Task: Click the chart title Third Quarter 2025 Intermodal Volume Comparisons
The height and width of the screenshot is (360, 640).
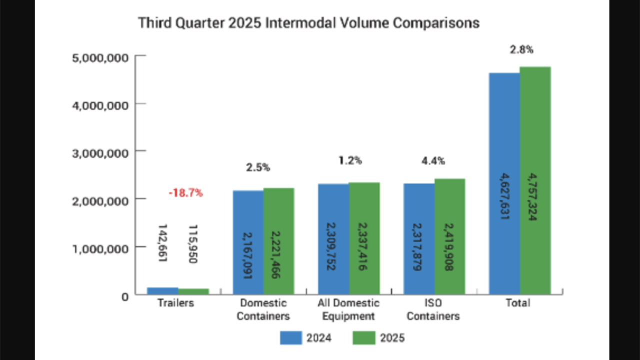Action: click(x=308, y=23)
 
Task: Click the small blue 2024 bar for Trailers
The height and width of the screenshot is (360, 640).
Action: click(x=162, y=290)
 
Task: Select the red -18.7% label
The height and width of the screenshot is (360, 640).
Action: click(x=185, y=193)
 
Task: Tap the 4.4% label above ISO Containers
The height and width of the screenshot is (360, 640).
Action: click(x=433, y=161)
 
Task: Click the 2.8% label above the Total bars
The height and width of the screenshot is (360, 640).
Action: click(x=521, y=49)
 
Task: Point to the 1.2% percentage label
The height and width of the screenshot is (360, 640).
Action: click(x=349, y=160)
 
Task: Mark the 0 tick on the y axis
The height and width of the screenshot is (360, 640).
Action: click(x=124, y=295)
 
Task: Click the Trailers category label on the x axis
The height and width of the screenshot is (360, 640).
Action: click(x=175, y=303)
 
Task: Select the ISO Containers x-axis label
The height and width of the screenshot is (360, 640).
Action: click(x=433, y=309)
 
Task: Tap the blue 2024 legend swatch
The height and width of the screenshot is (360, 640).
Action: click(x=291, y=337)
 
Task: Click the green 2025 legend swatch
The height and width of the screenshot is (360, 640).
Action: click(x=364, y=337)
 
